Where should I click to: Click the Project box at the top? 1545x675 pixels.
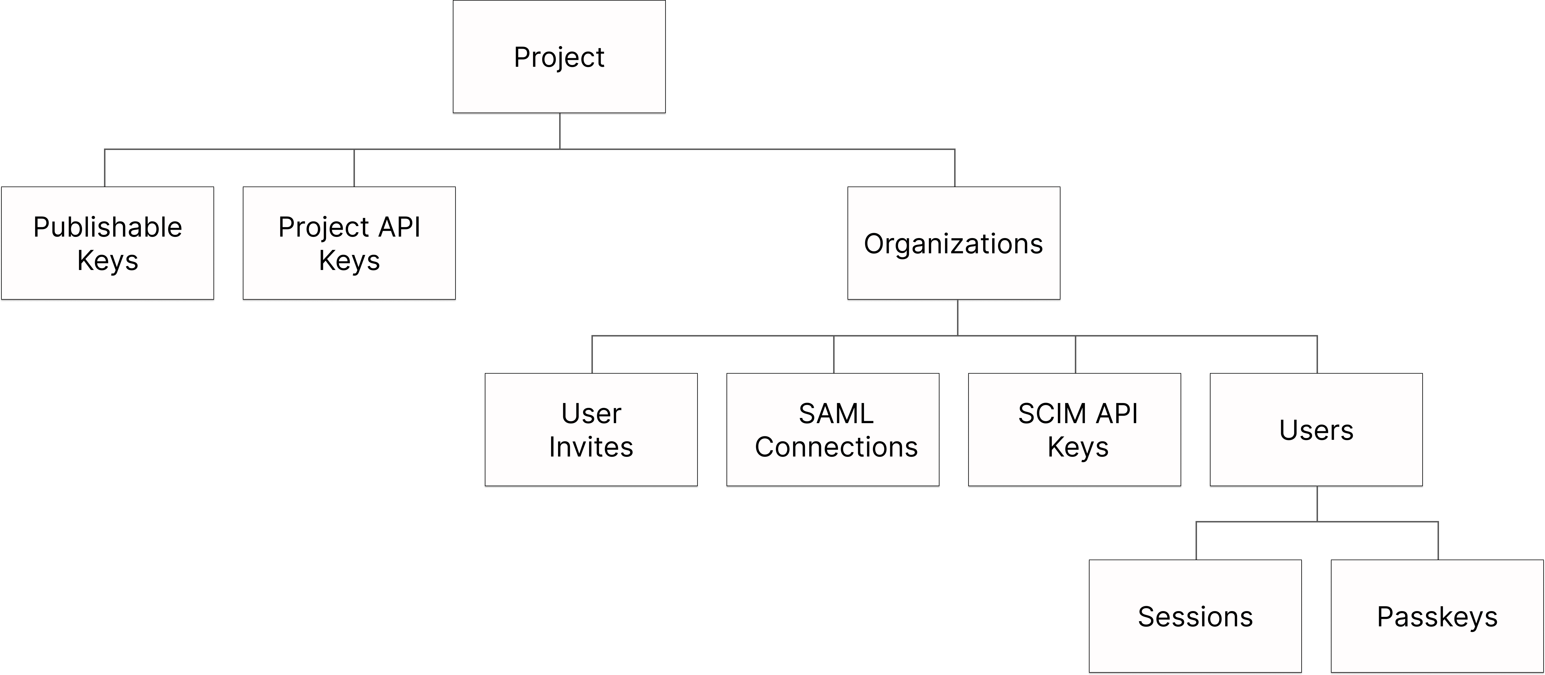point(559,56)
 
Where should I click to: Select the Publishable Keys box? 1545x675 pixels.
point(107,243)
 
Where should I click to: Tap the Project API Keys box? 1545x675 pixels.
point(349,243)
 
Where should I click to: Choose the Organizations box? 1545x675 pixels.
point(954,243)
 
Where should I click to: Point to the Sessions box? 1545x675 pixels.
point(1195,616)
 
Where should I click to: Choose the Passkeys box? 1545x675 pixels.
point(1437,616)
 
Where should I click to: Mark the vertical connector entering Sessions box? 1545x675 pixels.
point(1196,541)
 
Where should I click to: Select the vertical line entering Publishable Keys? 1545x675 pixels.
point(105,168)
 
